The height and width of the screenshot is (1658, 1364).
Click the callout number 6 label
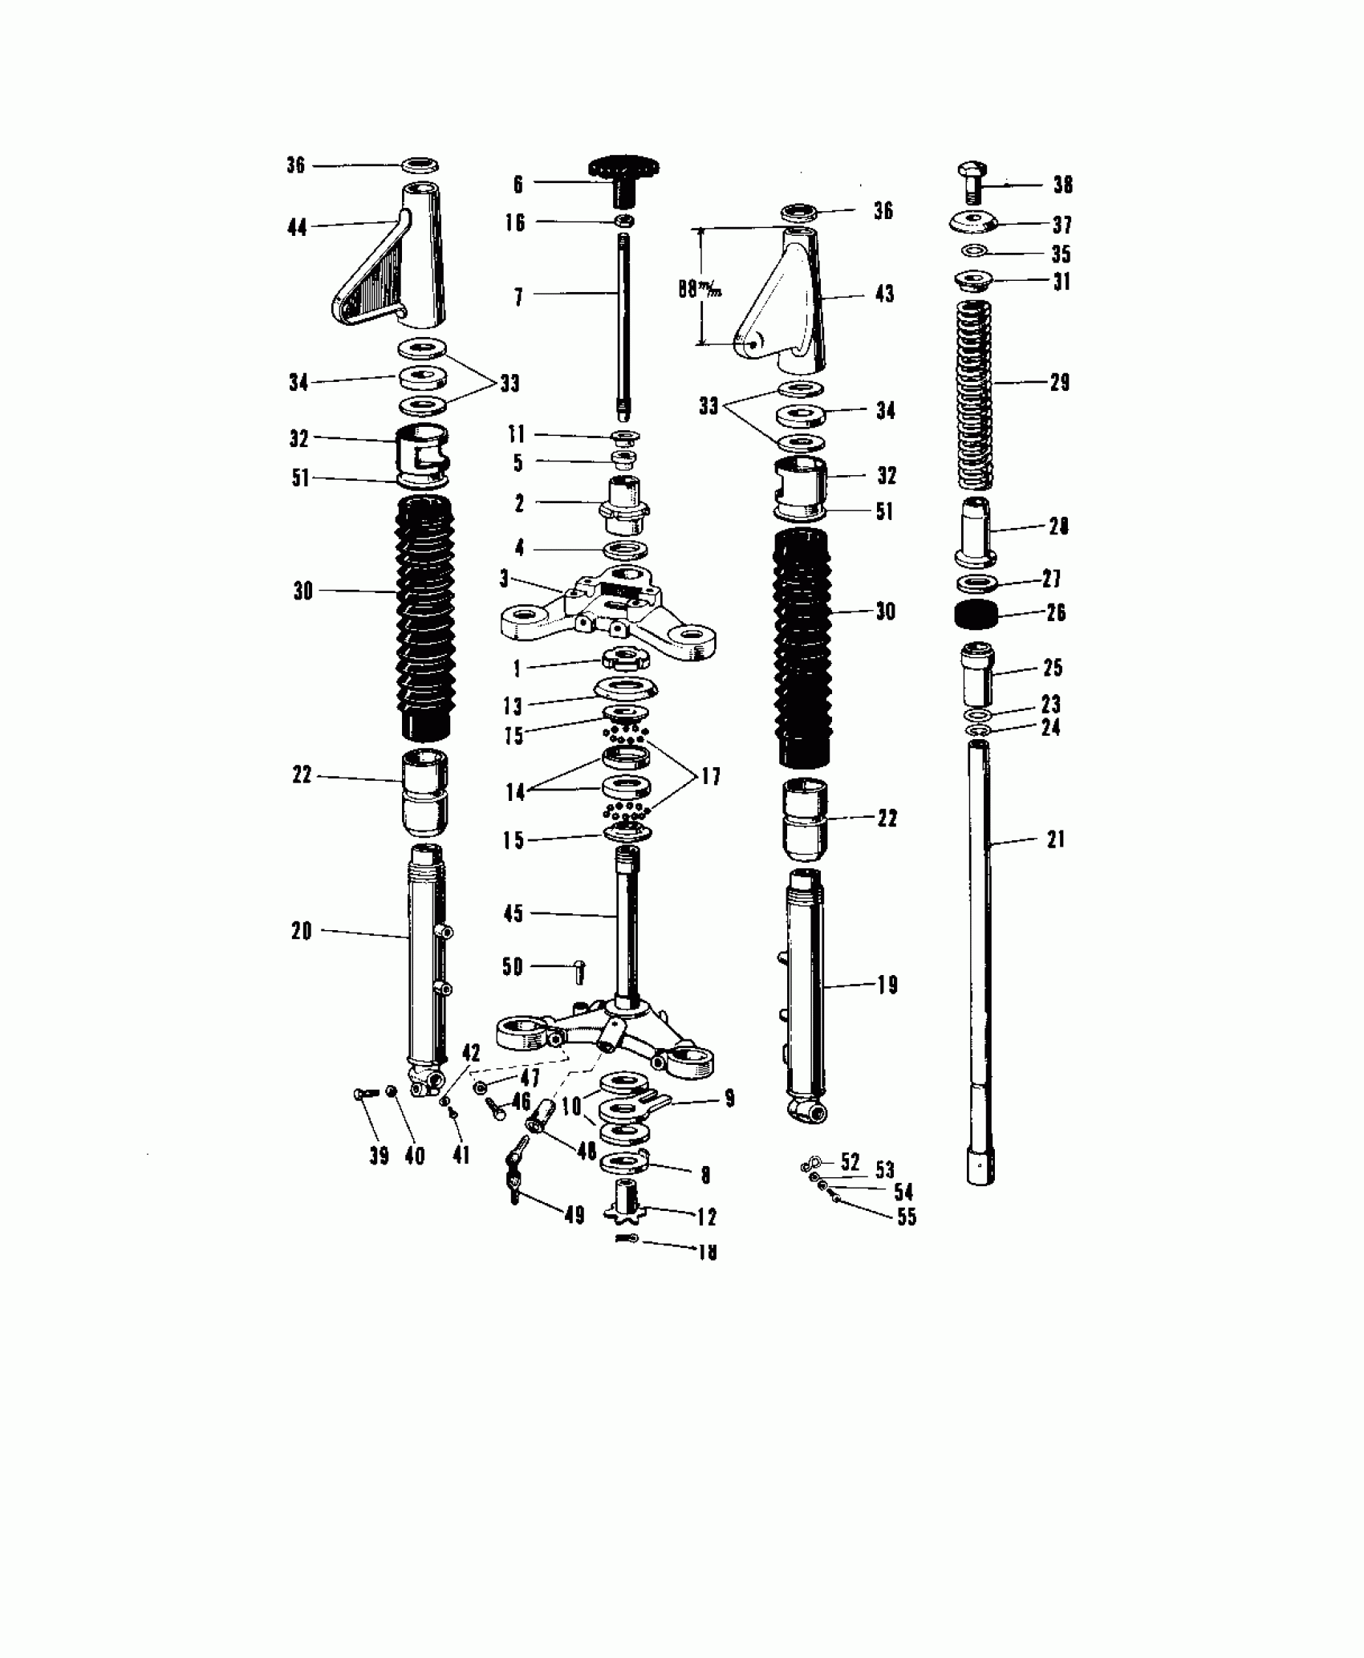click(518, 184)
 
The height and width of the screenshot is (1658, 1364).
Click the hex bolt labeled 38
click(972, 183)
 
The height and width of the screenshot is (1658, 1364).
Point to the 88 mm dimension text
click(700, 289)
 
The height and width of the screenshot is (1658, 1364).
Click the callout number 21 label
click(1055, 839)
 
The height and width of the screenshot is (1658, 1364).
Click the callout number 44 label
click(297, 228)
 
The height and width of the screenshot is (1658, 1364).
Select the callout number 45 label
click(513, 913)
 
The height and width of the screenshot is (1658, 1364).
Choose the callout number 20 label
click(302, 931)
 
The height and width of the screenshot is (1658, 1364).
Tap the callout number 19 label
click(887, 985)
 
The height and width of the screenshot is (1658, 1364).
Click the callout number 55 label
click(906, 1217)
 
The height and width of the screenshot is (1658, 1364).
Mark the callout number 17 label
click(710, 776)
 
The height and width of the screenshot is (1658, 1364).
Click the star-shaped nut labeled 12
click(627, 1204)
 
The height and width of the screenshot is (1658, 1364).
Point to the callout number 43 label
click(884, 294)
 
